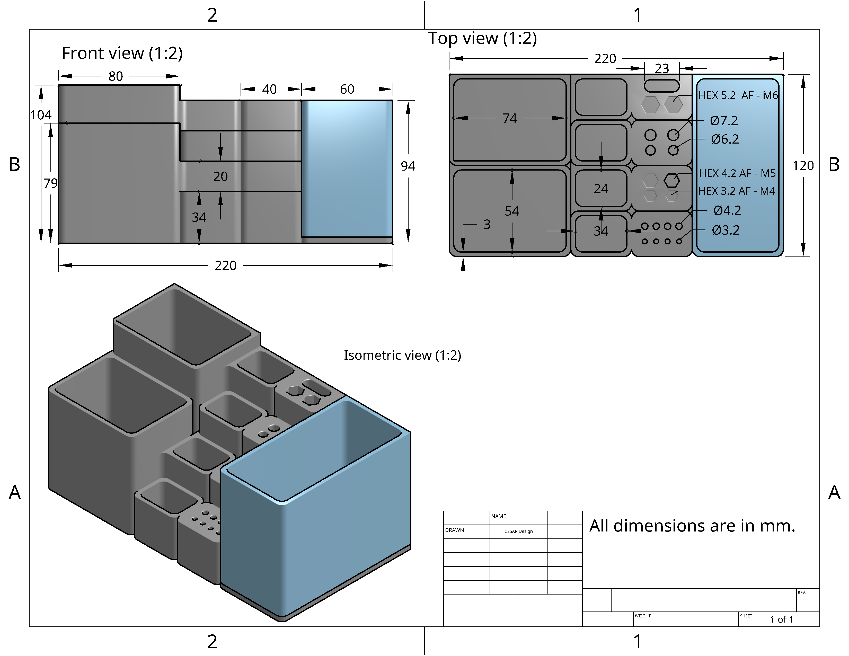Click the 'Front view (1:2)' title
(122, 53)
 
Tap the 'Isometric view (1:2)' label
(402, 355)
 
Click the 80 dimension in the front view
(116, 76)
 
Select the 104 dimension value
(41, 115)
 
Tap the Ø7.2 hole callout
(724, 121)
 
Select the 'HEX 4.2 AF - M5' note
(737, 173)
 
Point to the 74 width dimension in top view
(510, 118)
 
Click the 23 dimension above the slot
(662, 69)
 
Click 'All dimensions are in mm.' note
(692, 526)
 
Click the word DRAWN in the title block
(454, 530)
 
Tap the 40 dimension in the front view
(269, 89)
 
